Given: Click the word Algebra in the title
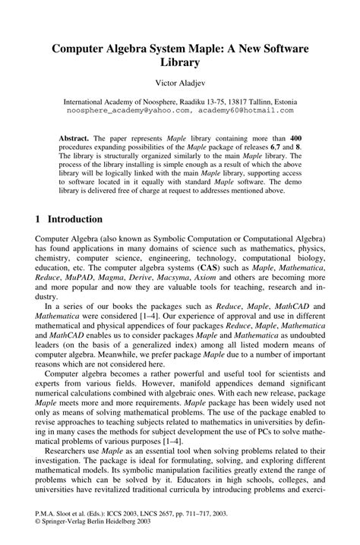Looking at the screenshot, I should coord(137,49).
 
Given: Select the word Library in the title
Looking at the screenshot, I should coord(180,64).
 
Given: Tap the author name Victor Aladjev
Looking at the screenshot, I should coord(180,84).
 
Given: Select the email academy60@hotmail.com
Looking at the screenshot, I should coord(247,110).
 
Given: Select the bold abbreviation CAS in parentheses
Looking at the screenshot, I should coord(187,268).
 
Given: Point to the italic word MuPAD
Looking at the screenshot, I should coord(82,279).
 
